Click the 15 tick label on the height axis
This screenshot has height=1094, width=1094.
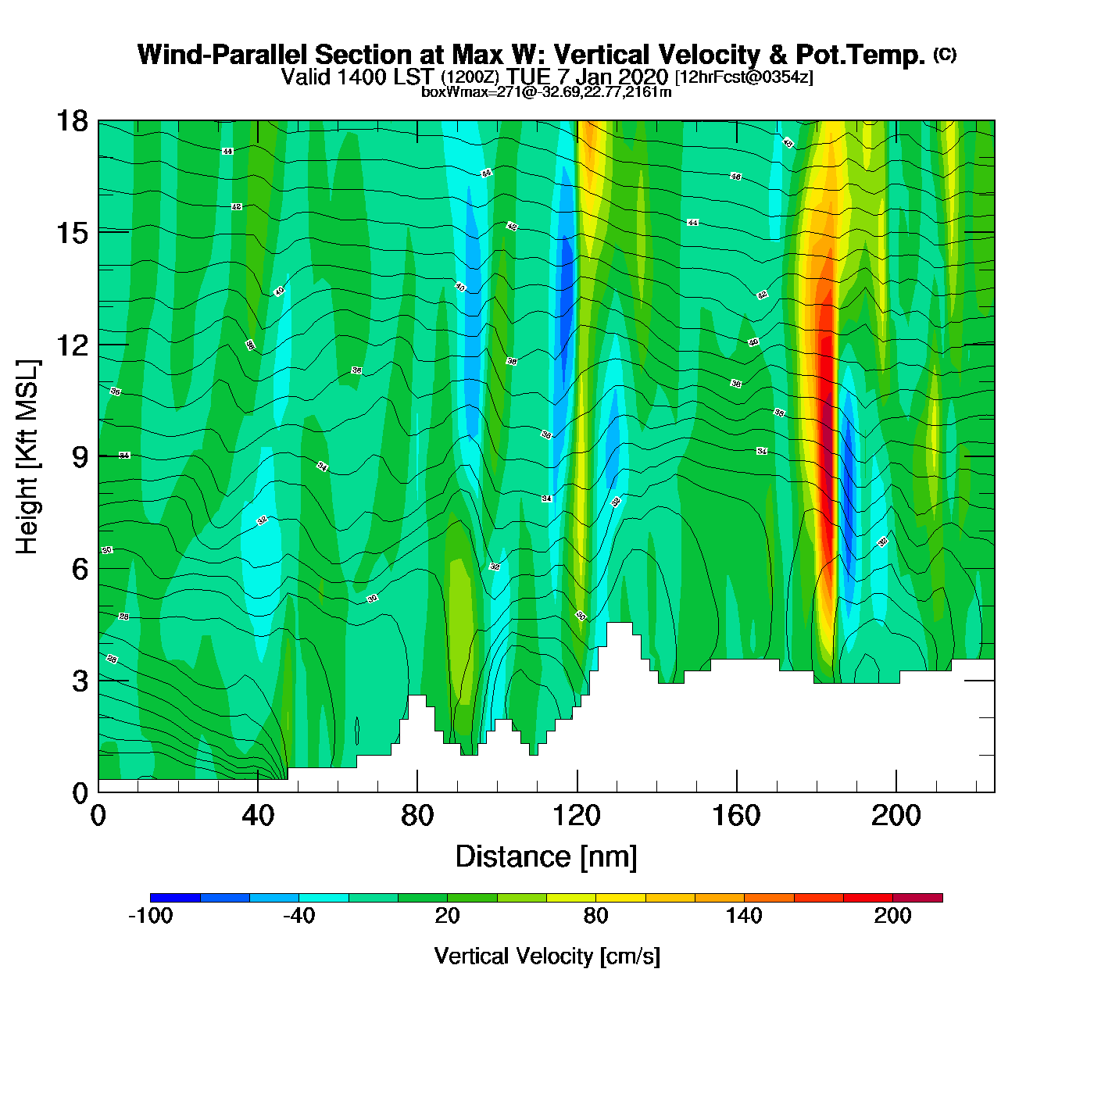click(x=72, y=233)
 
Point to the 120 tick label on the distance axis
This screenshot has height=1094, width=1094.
click(x=577, y=817)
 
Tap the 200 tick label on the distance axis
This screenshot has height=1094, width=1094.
click(x=896, y=817)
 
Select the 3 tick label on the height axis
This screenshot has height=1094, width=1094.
click(x=80, y=681)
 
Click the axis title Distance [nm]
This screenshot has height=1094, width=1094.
click(x=546, y=857)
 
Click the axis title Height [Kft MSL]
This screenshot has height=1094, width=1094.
click(x=27, y=457)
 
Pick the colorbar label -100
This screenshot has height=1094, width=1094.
click(x=150, y=917)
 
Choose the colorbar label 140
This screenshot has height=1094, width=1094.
click(x=744, y=917)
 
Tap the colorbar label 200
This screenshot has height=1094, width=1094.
click(x=892, y=917)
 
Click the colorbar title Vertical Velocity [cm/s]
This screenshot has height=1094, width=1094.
click(x=547, y=956)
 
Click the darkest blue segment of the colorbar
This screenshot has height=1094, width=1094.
click(x=175, y=898)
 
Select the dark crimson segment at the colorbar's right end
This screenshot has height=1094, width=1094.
click(x=917, y=898)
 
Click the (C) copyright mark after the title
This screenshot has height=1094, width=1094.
click(x=945, y=54)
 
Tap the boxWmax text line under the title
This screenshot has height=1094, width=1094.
click(x=546, y=92)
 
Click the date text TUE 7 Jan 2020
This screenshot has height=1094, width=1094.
click(x=587, y=77)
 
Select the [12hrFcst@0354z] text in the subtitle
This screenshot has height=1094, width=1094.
click(x=744, y=77)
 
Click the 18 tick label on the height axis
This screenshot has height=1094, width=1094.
click(x=72, y=121)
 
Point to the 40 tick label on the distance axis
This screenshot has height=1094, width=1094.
click(x=258, y=817)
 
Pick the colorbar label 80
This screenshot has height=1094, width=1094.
click(x=595, y=917)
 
